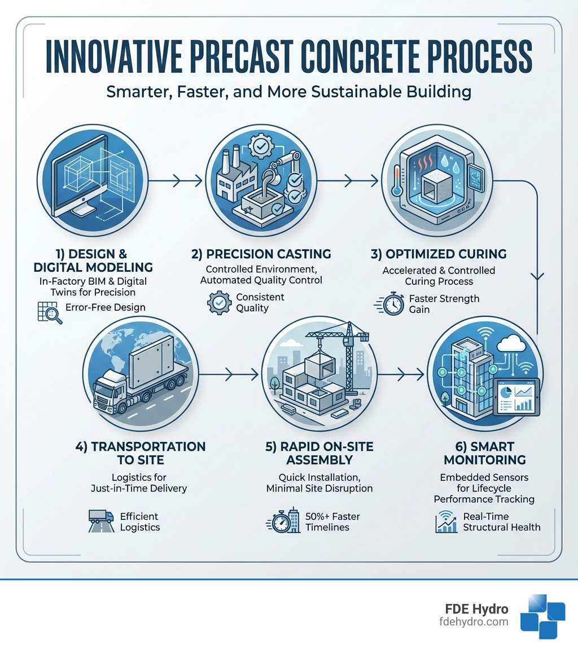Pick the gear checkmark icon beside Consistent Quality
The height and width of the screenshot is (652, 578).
coord(220,303)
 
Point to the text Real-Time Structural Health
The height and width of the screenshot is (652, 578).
coord(501,521)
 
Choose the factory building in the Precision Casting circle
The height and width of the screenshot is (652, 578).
coord(233,175)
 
